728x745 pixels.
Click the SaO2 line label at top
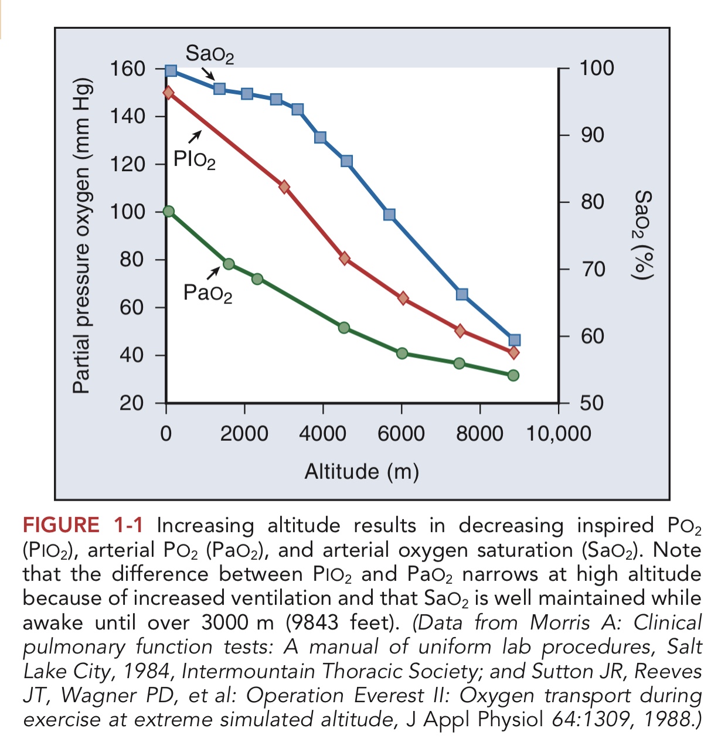(209, 55)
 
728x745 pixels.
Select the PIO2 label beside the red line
(195, 159)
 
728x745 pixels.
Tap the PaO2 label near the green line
(207, 292)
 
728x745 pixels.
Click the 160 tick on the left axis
(128, 69)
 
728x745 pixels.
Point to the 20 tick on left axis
(131, 403)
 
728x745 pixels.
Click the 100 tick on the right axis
(597, 68)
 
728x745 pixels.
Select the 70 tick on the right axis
(592, 270)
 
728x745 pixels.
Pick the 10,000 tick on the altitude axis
(559, 434)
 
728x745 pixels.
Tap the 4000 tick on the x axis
(322, 434)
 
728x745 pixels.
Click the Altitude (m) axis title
(362, 471)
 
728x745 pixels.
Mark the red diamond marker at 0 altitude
(169, 93)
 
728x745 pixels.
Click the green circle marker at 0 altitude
(169, 212)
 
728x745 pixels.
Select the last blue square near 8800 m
(515, 341)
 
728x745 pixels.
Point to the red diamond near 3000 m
(284, 187)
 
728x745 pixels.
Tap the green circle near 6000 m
(402, 353)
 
